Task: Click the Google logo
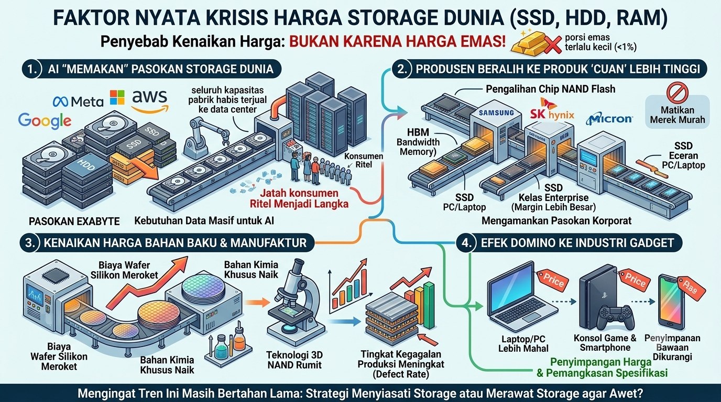pyautogui.click(x=45, y=120)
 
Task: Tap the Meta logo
pyautogui.click(x=78, y=102)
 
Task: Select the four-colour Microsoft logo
pyautogui.click(x=117, y=97)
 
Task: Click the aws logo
pyautogui.click(x=150, y=101)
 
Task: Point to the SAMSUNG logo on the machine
pyautogui.click(x=496, y=113)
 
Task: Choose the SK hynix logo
pyautogui.click(x=552, y=110)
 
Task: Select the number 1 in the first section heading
pyautogui.click(x=32, y=69)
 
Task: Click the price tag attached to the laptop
pyautogui.click(x=552, y=280)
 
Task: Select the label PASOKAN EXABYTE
pyautogui.click(x=74, y=221)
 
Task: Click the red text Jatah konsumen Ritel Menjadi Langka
pyautogui.click(x=299, y=198)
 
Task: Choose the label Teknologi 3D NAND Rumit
pyautogui.click(x=294, y=360)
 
